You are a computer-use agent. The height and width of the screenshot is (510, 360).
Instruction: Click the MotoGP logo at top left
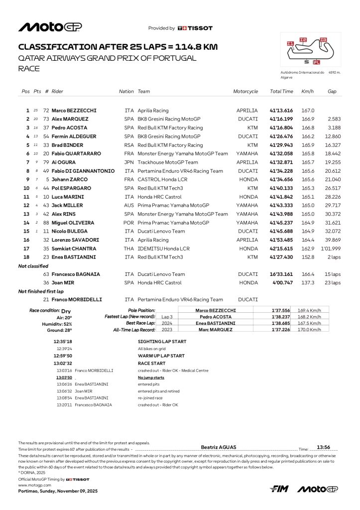[50, 27]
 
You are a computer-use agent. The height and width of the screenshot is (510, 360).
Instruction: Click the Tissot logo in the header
[195, 28]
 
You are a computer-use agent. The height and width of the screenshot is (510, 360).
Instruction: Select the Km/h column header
[307, 92]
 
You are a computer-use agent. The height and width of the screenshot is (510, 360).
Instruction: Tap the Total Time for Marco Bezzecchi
[281, 111]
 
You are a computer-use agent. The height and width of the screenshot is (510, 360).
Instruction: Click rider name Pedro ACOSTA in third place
[70, 127]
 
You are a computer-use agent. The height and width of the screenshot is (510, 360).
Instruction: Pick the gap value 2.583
[333, 119]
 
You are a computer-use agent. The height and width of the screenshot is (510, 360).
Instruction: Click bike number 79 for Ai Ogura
[46, 162]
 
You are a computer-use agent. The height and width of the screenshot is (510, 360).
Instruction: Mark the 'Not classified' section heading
[33, 266]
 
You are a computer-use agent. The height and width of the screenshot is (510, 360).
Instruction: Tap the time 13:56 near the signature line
[324, 447]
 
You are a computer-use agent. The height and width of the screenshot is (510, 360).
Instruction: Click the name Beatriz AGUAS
[219, 447]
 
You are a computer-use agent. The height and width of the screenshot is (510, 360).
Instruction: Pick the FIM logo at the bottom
[279, 489]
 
